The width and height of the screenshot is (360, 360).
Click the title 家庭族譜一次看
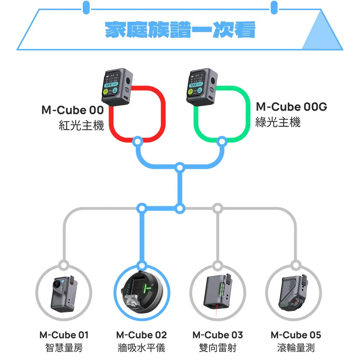[180, 30]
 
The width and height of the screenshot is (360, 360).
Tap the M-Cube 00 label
[72, 110]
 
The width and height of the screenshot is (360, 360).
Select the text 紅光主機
[81, 126]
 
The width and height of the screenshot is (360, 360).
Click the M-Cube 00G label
[292, 107]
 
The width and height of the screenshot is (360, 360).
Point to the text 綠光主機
[278, 122]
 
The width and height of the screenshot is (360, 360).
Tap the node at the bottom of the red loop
[137, 141]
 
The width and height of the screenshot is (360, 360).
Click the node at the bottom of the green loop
[222, 141]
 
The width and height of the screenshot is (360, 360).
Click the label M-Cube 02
[141, 335]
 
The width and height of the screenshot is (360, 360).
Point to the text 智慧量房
[64, 348]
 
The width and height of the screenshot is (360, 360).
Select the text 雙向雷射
[218, 348]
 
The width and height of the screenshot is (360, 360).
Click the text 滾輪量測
[296, 348]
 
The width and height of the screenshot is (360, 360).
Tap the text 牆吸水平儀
[141, 348]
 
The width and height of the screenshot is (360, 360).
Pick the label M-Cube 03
[218, 335]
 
